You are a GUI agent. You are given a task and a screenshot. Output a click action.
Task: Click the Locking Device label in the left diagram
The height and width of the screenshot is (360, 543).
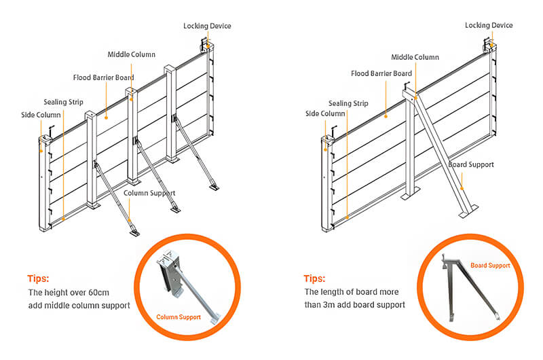[x=207, y=26]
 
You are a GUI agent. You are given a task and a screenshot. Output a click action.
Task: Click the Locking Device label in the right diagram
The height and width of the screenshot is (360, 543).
[x=489, y=25]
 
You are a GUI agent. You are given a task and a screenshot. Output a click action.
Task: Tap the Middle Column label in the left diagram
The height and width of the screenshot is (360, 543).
[x=132, y=54]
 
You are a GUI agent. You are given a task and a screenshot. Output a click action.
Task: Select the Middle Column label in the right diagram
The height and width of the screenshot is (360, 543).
[x=415, y=58]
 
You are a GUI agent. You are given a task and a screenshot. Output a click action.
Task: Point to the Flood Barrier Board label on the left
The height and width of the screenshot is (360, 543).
[x=103, y=77]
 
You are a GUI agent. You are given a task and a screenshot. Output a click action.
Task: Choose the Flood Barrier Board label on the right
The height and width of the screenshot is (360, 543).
[x=381, y=73]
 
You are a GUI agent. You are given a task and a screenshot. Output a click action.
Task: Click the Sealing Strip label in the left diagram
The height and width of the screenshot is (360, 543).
[x=63, y=102]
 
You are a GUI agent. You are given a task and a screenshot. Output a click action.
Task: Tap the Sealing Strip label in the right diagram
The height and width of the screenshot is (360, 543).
[x=348, y=103]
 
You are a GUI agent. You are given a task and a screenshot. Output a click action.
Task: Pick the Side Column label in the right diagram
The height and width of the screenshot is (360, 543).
[x=325, y=113]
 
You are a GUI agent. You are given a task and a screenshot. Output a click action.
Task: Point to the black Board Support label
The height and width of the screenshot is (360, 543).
[x=471, y=164]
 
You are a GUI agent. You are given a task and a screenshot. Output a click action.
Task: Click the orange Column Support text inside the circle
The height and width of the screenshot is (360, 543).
[x=179, y=317]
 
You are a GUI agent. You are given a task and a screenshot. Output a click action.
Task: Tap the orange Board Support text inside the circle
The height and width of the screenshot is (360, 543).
[x=490, y=266]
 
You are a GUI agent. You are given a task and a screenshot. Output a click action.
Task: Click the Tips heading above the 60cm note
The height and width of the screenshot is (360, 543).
[x=38, y=278]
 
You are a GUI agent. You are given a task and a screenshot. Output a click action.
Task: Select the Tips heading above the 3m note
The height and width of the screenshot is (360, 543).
[x=314, y=278]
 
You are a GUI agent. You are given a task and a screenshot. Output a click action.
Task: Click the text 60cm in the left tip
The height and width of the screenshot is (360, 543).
[x=97, y=292]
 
